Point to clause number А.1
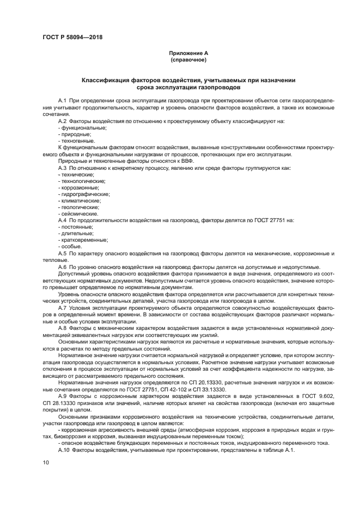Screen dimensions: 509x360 62,102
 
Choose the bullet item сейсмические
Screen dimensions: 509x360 80,213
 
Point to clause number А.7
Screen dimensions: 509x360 62,307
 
